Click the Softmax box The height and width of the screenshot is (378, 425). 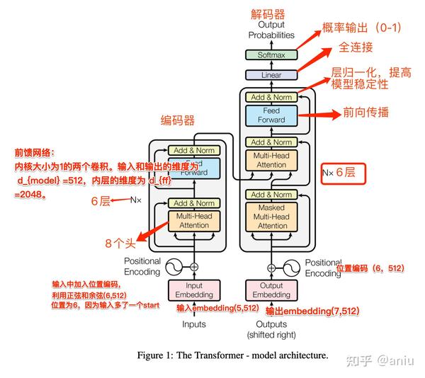[x=271, y=55]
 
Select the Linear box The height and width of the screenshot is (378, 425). [x=271, y=74]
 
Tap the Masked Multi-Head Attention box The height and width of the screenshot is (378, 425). [x=271, y=216]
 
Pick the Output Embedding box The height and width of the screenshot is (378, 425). [x=271, y=290]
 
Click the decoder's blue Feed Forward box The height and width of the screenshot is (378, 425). [x=271, y=115]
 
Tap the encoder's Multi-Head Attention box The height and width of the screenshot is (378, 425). [x=193, y=220]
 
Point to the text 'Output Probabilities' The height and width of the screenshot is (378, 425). [x=271, y=30]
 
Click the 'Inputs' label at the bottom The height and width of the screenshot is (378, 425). [x=193, y=324]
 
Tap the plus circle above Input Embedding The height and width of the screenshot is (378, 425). [x=193, y=267]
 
